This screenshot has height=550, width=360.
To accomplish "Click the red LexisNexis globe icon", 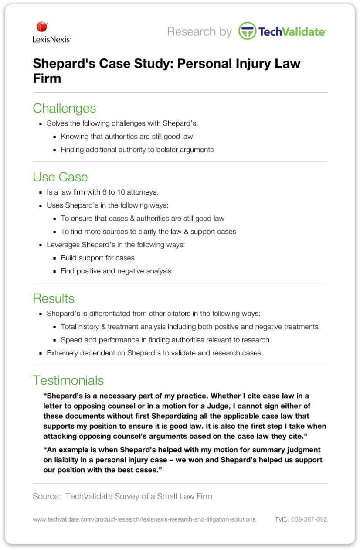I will tap(42, 27).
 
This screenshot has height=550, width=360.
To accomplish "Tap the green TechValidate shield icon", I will tap(247, 31).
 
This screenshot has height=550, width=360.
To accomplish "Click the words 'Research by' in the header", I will tap(199, 32).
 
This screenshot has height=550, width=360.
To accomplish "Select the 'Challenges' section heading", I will tap(64, 108).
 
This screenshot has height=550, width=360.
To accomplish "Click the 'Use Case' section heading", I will tap(60, 177).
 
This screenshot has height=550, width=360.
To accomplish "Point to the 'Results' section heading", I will tap(54, 298).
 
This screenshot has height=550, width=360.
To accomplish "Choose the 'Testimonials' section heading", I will tap(68, 380).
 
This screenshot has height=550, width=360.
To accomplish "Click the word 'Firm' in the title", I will tap(47, 79).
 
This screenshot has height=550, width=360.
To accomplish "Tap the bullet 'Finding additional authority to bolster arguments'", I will tap(137, 150).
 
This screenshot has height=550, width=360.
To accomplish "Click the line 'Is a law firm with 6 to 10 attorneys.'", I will tap(102, 192).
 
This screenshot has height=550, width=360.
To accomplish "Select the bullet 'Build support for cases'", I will tap(98, 258).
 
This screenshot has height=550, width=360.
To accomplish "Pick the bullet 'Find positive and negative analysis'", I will tap(116, 271).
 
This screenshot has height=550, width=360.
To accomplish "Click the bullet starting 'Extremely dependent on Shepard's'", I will tap(153, 353).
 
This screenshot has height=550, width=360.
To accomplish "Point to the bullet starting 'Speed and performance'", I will tap(165, 340).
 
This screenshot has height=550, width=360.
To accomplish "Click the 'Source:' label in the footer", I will tap(46, 496).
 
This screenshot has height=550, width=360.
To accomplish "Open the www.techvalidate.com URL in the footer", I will tap(144, 519).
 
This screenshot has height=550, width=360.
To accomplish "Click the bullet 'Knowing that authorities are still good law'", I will tap(126, 137).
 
